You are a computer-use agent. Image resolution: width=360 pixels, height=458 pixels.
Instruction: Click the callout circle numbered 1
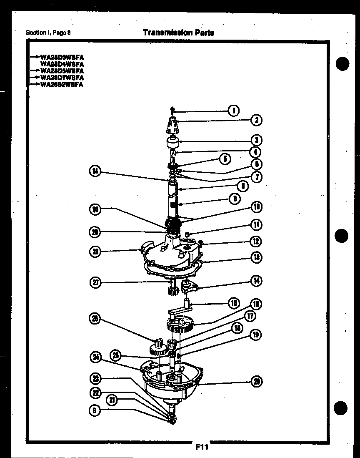(x=234, y=111)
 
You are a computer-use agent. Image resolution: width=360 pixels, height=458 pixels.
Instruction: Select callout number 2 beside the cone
(x=256, y=121)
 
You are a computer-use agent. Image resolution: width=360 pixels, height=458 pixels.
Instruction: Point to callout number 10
(x=257, y=207)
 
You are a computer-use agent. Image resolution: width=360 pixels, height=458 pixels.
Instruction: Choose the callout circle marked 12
(x=257, y=241)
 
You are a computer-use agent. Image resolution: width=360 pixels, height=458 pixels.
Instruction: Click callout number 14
(x=257, y=281)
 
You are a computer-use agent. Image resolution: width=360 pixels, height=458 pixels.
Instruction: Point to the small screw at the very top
(x=172, y=111)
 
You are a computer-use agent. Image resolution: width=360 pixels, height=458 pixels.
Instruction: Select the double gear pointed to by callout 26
(x=157, y=348)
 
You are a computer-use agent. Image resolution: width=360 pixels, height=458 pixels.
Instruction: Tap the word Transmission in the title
(x=165, y=33)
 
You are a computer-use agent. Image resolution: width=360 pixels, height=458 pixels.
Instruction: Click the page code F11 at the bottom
(x=201, y=448)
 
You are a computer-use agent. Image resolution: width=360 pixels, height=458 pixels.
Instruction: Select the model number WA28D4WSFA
(x=62, y=64)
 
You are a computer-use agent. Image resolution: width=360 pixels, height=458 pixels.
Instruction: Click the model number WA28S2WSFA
(x=62, y=85)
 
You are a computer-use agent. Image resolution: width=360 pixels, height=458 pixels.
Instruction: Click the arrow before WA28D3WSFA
(x=35, y=58)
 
